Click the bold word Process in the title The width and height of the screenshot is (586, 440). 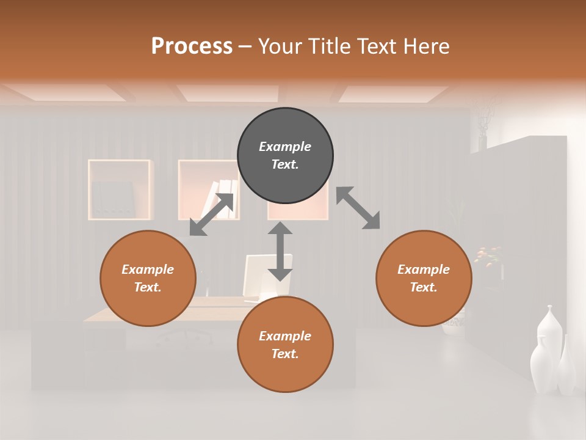[x=192, y=46]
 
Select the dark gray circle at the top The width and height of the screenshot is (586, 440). [x=285, y=156]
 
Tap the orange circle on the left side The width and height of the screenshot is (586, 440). [x=148, y=278]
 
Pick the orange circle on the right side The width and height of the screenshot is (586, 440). [x=424, y=278]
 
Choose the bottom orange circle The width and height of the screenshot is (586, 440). [x=285, y=344]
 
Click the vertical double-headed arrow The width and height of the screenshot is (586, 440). [x=280, y=251]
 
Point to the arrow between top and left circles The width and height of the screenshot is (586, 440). [x=211, y=215]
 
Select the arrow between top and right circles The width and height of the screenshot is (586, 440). [x=358, y=208]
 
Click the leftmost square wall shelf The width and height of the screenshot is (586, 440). [x=119, y=189]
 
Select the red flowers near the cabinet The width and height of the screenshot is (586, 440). [x=487, y=255]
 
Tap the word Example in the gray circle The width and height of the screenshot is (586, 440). [x=285, y=147]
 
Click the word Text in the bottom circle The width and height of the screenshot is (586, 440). [x=284, y=354]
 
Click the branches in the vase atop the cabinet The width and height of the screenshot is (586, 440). [x=484, y=119]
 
